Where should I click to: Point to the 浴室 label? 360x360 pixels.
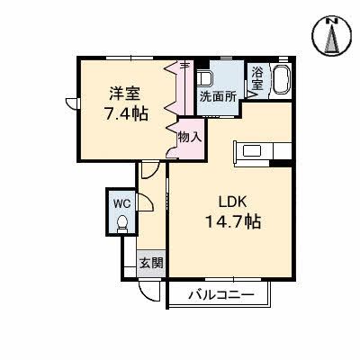(x=257, y=77)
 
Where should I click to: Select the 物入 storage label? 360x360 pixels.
(x=189, y=137)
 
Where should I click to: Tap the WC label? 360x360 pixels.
(x=121, y=202)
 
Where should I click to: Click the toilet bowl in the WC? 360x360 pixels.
(x=122, y=222)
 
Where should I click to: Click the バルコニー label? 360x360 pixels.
(x=220, y=295)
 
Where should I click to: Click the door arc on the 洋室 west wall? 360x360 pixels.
(x=68, y=103)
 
